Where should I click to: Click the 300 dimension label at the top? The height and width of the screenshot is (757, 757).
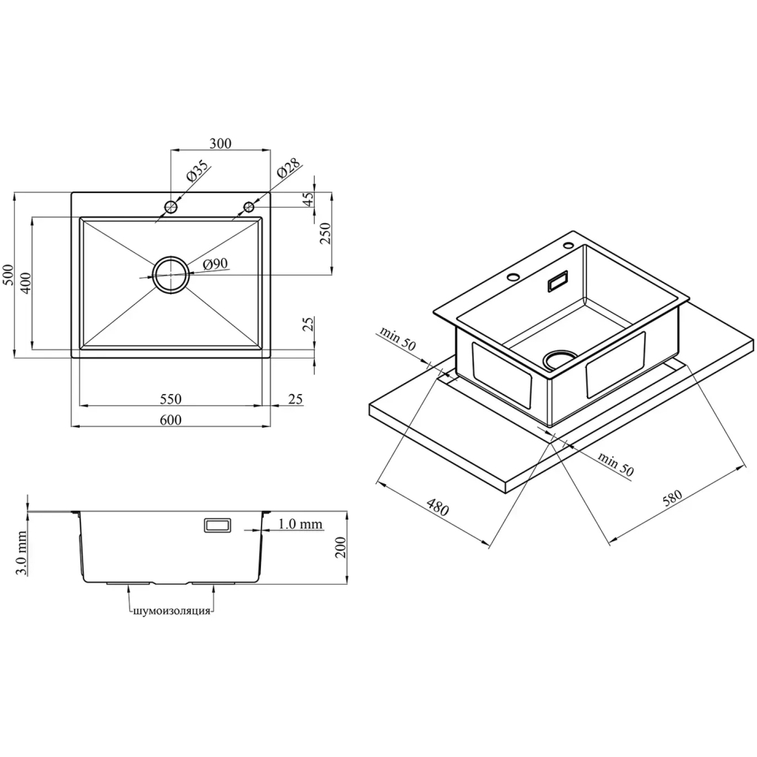[x=220, y=143]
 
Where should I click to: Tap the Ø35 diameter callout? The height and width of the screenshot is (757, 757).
[x=197, y=170]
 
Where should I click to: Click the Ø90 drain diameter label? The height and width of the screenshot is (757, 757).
[x=215, y=264]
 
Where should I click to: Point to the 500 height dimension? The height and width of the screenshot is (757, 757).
[x=9, y=275]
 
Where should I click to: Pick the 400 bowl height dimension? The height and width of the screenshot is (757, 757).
[x=25, y=283]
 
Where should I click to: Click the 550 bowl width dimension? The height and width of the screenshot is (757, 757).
[x=171, y=398]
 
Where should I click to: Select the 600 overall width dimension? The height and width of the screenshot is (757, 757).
[x=171, y=420]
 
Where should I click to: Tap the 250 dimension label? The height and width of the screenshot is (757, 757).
[x=325, y=233]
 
